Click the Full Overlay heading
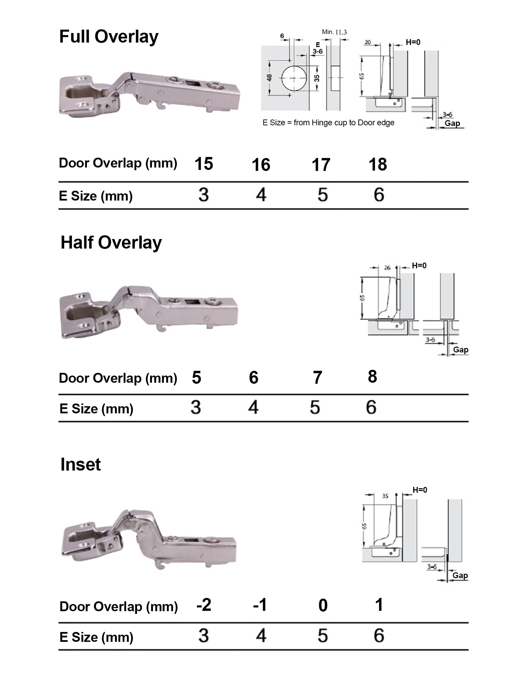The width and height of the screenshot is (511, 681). tap(109, 37)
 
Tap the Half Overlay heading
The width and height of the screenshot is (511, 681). tap(111, 243)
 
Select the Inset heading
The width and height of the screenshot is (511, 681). tap(80, 464)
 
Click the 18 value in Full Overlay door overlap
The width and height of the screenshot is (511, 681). tap(377, 165)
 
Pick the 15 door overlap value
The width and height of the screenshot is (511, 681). tap(204, 164)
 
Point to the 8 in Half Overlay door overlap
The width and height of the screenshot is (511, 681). tap(372, 377)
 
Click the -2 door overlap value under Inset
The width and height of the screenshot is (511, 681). tap(204, 605)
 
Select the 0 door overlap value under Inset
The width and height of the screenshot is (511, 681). tap(323, 606)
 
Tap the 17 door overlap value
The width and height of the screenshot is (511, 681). tap(321, 165)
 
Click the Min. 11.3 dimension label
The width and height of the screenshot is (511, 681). tap(334, 32)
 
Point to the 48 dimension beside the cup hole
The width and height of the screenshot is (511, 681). tap(269, 78)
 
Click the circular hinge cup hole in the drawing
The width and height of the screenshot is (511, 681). tap(294, 78)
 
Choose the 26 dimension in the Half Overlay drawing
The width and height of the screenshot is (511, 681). tap(387, 268)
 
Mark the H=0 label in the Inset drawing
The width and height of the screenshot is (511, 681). tap(420, 490)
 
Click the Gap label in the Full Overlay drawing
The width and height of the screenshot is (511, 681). tap(452, 123)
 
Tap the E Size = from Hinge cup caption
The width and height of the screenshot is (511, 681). tap(328, 123)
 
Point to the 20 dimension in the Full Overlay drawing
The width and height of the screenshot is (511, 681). tap(368, 42)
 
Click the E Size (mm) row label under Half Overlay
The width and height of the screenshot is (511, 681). tap(96, 409)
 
